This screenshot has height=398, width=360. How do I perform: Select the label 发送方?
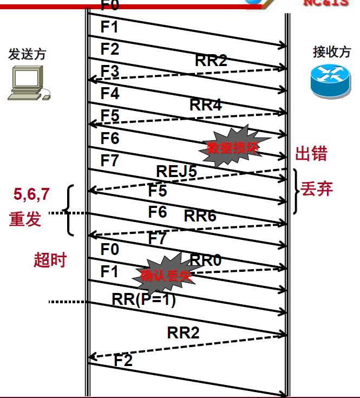(x=27, y=54)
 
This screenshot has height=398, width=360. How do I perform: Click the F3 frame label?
(x=109, y=71)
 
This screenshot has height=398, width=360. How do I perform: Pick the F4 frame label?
(x=109, y=93)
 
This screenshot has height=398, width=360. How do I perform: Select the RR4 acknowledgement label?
(x=206, y=105)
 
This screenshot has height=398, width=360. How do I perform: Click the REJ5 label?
(x=176, y=171)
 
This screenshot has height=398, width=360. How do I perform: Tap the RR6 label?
(x=200, y=216)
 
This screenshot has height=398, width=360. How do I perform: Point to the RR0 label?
(x=206, y=260)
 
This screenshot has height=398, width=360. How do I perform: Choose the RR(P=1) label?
(x=144, y=299)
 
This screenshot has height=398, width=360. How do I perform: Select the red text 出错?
(x=311, y=154)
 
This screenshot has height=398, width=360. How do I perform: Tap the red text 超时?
(x=50, y=260)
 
